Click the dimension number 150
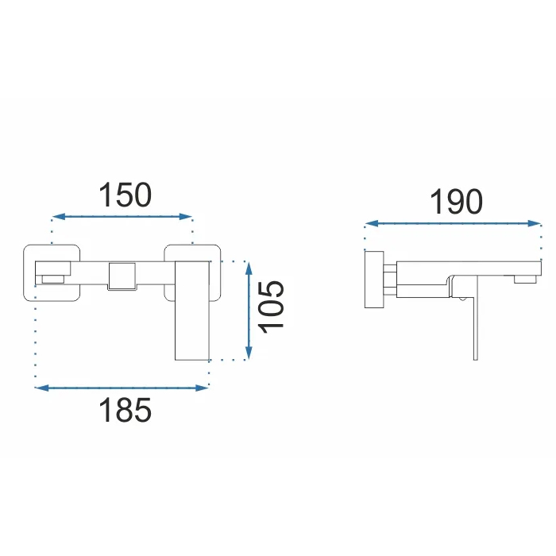point(125,195)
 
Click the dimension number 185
point(125,410)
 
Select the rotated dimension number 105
point(272,307)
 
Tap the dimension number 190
point(457,202)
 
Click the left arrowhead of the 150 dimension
point(59,216)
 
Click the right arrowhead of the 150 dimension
point(185,216)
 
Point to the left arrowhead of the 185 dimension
point(42,388)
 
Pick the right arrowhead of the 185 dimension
point(202,388)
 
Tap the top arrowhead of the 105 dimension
point(249,268)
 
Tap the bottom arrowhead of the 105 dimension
point(249,353)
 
